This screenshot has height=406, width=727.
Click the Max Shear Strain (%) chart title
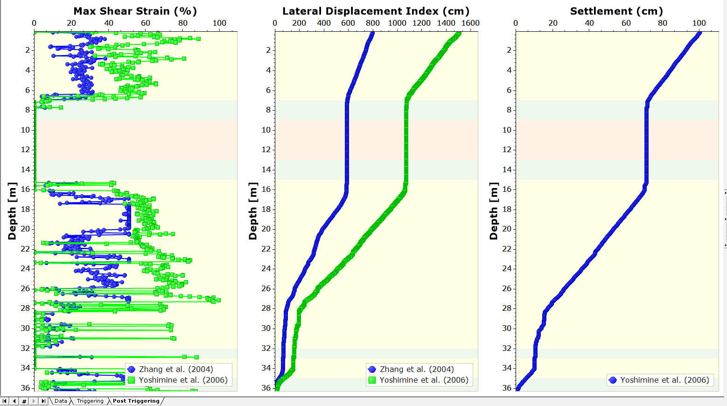(135, 11)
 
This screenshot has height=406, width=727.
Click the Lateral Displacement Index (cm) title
(376, 11)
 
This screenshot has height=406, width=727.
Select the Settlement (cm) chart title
(616, 11)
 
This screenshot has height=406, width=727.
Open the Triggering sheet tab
(90, 401)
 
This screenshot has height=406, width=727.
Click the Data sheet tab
(61, 401)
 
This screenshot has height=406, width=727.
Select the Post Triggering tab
(136, 401)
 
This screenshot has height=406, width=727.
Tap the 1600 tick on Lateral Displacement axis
(470, 23)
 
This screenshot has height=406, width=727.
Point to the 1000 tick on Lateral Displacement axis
(397, 23)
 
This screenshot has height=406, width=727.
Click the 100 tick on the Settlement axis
(699, 23)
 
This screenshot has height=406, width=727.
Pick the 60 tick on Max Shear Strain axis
(146, 23)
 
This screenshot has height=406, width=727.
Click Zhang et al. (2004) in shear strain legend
(176, 369)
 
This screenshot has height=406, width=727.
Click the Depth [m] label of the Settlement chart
(493, 211)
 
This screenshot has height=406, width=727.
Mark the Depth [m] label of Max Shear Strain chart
(12, 211)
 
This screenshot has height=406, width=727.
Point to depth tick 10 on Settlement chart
(507, 130)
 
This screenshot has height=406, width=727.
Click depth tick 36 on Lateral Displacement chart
(266, 388)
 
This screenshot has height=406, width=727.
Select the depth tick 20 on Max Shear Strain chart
(25, 229)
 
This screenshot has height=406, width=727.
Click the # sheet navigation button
(24, 401)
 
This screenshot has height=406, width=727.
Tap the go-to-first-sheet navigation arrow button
(5, 401)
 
